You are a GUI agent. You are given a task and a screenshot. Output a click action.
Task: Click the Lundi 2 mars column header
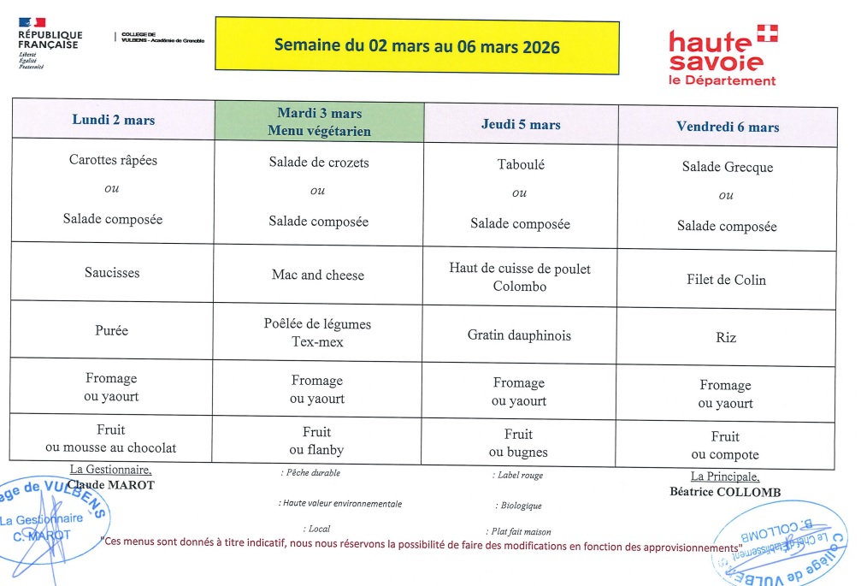(x=114, y=120)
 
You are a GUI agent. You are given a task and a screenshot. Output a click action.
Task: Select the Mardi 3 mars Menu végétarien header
(x=319, y=121)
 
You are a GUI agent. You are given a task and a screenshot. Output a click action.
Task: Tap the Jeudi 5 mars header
(x=521, y=124)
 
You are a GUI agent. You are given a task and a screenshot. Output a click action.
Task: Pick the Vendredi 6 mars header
(x=728, y=127)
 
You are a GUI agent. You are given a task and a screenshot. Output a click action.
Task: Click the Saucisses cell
(x=112, y=273)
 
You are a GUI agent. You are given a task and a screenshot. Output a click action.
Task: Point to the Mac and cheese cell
(x=318, y=275)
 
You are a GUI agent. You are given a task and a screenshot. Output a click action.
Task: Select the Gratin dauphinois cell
(x=519, y=334)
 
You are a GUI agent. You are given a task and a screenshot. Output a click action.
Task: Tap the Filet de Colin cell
(x=726, y=280)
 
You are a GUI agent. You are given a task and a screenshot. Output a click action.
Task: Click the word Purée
(x=112, y=329)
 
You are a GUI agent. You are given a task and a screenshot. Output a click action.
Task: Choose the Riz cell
(x=726, y=337)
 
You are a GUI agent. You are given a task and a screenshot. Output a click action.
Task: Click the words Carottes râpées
(x=113, y=160)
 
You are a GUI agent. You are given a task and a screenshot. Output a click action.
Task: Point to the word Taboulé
(x=521, y=164)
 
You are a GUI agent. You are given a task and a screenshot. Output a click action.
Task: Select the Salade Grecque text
(x=727, y=167)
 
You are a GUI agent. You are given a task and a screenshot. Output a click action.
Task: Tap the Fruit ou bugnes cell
(x=519, y=443)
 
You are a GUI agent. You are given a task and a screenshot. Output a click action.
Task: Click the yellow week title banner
(x=416, y=46)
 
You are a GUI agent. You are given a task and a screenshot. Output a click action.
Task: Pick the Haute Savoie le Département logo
(x=723, y=56)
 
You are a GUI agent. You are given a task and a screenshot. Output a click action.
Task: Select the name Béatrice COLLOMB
(x=725, y=492)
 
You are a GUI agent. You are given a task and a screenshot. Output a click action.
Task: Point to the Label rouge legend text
(x=519, y=476)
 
